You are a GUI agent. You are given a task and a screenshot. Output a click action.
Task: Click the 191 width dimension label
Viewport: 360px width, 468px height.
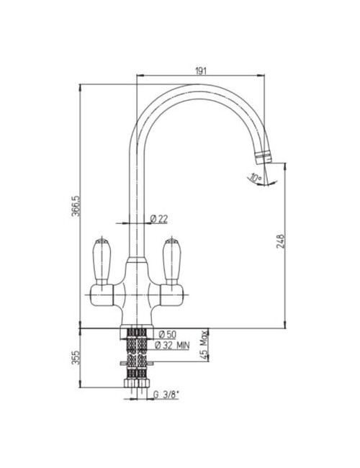pos(201,71)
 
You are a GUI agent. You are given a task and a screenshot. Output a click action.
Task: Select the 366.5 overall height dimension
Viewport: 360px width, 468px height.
pos(76,206)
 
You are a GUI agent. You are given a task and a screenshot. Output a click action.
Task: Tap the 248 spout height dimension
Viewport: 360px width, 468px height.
pos(281,242)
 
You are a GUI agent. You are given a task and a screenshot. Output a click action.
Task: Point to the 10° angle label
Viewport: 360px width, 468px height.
pos(256,178)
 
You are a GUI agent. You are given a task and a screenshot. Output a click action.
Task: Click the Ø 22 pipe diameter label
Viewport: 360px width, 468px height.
pos(159,219)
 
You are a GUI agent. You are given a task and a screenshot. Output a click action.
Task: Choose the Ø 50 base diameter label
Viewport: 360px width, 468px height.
pos(168,334)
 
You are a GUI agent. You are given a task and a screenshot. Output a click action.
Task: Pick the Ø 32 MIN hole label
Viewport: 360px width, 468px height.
pos(172,346)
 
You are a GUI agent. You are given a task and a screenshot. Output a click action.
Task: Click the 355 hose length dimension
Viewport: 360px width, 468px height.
pos(76,357)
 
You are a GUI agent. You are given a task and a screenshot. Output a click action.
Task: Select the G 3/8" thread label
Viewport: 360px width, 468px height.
pos(166,395)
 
